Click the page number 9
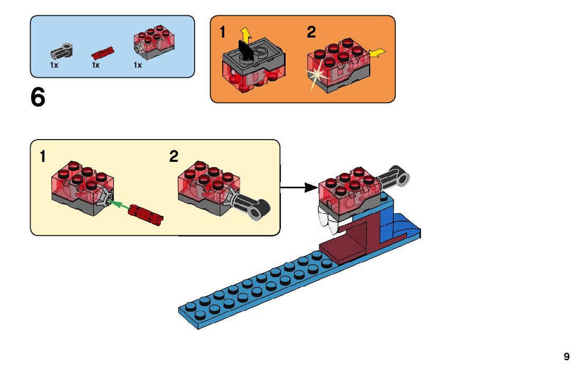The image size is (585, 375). pos(566,357)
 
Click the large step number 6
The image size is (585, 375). pos(38,98)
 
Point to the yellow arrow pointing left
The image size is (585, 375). pos(377,52)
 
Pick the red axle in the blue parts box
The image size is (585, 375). pos(103,52)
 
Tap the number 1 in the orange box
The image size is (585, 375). pos(223,33)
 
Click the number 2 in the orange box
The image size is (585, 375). pos(311,33)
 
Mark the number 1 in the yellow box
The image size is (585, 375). pos(42,157)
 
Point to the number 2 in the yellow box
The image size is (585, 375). pos(174,157)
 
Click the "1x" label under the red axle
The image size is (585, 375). pos(96,66)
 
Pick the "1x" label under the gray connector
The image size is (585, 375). pos(54,66)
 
